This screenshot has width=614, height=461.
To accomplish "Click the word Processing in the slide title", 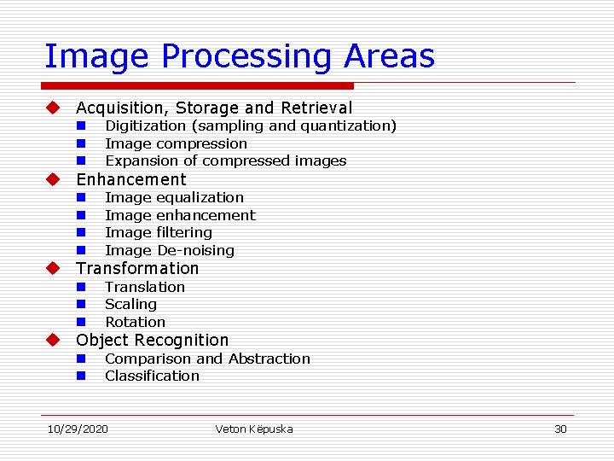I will click(x=247, y=57).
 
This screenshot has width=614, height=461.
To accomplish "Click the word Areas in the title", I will click(x=389, y=56).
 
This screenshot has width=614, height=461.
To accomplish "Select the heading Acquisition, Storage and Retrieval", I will click(x=213, y=108).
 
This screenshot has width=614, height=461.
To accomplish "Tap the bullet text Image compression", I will click(x=176, y=143).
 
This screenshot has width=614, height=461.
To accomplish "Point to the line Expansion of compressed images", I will click(x=225, y=160).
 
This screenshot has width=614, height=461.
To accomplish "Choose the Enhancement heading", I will click(x=130, y=179).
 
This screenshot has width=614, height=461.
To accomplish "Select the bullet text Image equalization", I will click(x=174, y=197).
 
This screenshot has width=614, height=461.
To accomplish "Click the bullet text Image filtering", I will click(x=158, y=232).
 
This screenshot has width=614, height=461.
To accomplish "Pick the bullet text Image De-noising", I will click(x=169, y=250).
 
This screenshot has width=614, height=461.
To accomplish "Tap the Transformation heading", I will click(x=137, y=268).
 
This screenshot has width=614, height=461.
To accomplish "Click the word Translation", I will click(x=144, y=287).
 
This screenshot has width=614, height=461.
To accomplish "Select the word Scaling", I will click(x=130, y=304).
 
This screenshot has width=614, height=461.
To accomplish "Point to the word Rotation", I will click(x=135, y=322).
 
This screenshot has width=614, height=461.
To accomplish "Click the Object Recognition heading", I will click(x=153, y=340).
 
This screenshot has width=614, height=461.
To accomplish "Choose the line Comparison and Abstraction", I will click(x=207, y=359).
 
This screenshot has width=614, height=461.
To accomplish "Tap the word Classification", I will click(x=152, y=376).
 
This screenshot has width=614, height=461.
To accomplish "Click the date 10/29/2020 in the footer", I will click(x=78, y=429).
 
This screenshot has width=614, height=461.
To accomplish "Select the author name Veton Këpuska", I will click(x=254, y=429).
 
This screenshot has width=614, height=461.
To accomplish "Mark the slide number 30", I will click(x=560, y=429).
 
